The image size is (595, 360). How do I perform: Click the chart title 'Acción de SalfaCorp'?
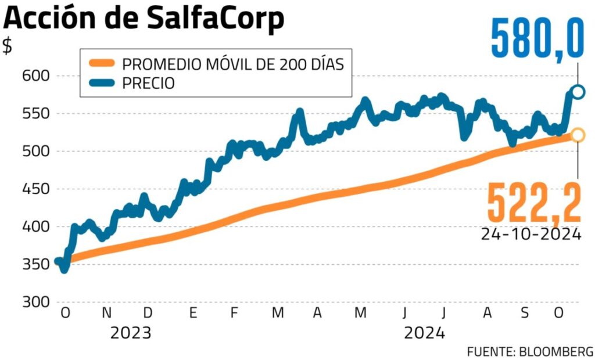click(x=144, y=19)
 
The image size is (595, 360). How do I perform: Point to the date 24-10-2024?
click(x=531, y=234)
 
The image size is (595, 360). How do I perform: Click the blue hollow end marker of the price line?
click(x=578, y=92)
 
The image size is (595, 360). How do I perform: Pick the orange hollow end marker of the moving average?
click(x=578, y=135)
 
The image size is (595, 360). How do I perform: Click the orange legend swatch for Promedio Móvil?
click(x=102, y=64)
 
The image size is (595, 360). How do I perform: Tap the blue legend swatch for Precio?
click(x=102, y=83)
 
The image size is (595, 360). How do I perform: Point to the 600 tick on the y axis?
click(x=37, y=76)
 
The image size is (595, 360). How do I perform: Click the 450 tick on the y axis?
click(x=37, y=189)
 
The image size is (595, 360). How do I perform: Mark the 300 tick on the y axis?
click(x=37, y=302)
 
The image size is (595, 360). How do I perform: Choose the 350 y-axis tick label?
click(x=37, y=265)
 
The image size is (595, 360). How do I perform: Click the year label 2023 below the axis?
click(x=131, y=333)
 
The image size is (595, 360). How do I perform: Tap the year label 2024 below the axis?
click(x=425, y=333)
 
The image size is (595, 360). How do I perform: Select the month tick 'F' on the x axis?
click(x=234, y=313)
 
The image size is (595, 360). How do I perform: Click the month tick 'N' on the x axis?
click(x=106, y=313)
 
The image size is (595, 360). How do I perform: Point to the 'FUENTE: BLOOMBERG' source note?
click(x=530, y=351)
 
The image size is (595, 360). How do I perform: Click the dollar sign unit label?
click(x=8, y=46)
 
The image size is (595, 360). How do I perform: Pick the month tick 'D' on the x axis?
click(x=148, y=313)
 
